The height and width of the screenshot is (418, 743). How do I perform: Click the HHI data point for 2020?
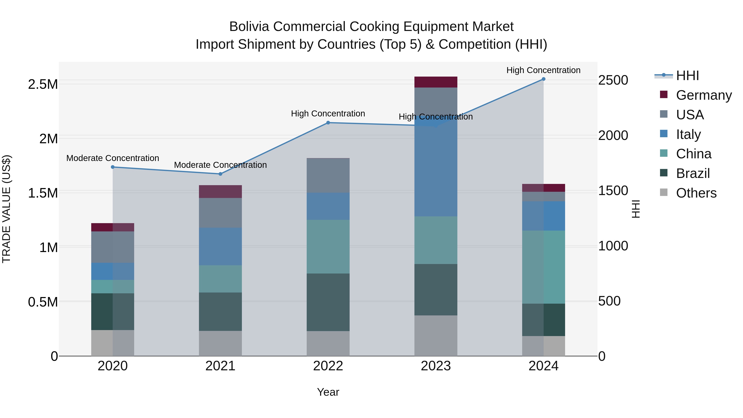pos(113,167)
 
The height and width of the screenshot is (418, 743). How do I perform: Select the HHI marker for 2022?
pos(328,123)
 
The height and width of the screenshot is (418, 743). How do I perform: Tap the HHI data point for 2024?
pos(543,79)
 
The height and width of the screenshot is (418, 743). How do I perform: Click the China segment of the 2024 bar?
pos(543,267)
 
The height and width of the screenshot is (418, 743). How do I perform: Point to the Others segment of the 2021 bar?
pos(220,343)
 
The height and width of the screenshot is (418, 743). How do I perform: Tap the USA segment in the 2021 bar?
pos(220,213)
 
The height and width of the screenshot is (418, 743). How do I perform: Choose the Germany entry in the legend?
pos(704,95)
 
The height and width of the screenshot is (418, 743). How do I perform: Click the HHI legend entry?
pos(687,76)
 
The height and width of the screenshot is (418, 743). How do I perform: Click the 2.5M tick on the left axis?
pos(43,84)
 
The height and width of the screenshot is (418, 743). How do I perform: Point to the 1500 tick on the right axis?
pos(613,191)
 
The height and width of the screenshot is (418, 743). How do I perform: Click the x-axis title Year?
pos(328,392)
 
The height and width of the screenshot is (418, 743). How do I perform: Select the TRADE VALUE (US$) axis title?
pos(6,209)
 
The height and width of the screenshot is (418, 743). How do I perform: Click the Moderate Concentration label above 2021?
pos(220,165)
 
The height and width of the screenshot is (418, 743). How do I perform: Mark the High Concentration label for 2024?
pos(543,70)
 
